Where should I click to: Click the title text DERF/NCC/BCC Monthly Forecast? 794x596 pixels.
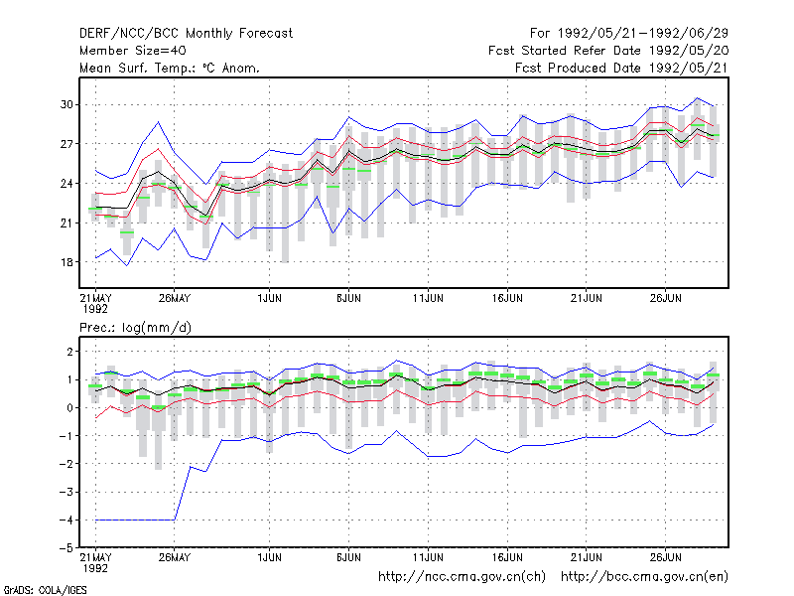186,34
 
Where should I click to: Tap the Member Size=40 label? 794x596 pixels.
133,51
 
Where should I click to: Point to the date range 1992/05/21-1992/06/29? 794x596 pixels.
642,34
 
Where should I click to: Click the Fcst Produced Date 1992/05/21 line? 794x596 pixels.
622,68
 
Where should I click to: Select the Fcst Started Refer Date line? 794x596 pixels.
608,51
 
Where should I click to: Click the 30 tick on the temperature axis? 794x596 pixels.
66,104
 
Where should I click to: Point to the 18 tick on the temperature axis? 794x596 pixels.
66,262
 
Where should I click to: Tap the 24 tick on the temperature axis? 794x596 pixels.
66,184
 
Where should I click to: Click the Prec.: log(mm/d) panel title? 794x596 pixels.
135,328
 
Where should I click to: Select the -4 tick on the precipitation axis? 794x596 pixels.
66,520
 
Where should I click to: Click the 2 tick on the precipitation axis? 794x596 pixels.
69,352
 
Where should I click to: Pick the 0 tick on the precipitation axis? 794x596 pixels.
69,408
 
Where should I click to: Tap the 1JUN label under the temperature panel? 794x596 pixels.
269,298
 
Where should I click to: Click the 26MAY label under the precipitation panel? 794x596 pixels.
175,557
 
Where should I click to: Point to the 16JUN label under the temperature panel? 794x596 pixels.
507,298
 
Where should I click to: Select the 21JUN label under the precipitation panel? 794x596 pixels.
587,557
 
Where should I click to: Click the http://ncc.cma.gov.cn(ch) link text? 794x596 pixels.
462,577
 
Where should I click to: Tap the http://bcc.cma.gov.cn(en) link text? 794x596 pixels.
644,577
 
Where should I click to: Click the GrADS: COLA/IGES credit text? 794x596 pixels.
45,590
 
